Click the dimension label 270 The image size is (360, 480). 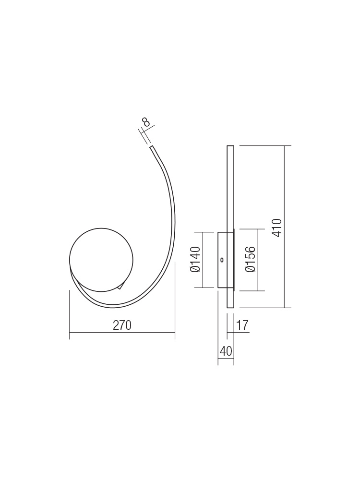coord(122,325)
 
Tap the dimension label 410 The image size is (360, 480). coord(277,228)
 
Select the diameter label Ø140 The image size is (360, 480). coord(195,259)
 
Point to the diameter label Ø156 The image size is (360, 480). coord(250,259)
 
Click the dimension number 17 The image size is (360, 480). coord(242,325)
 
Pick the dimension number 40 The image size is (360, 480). coord(226,351)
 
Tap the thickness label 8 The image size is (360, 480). coord(146,122)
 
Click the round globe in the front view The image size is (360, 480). coord(101,260)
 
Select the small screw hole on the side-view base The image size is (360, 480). coord(222,260)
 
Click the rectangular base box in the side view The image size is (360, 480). coord(226,260)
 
